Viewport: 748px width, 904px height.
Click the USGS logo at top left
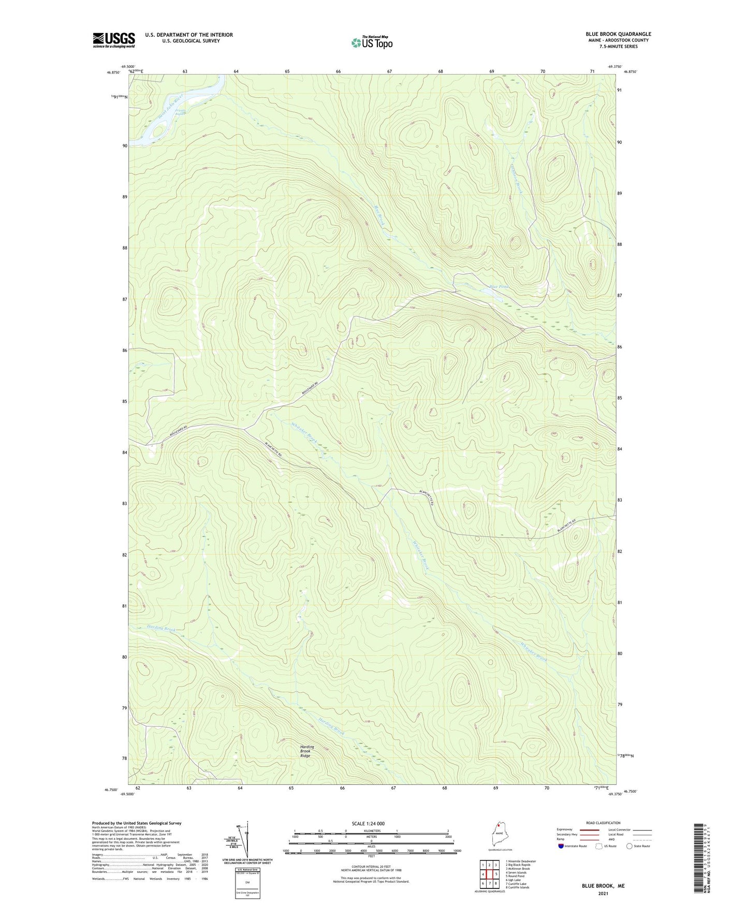(114, 40)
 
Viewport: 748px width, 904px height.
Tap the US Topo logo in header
(372, 42)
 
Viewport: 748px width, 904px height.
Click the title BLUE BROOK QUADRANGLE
(615, 34)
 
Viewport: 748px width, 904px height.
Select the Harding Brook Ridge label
(306, 751)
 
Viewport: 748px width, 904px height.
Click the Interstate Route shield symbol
(561, 846)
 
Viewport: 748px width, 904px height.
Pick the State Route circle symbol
(629, 846)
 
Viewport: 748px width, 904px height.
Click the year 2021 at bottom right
(603, 893)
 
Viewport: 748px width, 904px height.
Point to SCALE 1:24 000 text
(368, 823)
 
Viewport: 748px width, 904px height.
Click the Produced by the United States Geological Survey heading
(137, 823)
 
